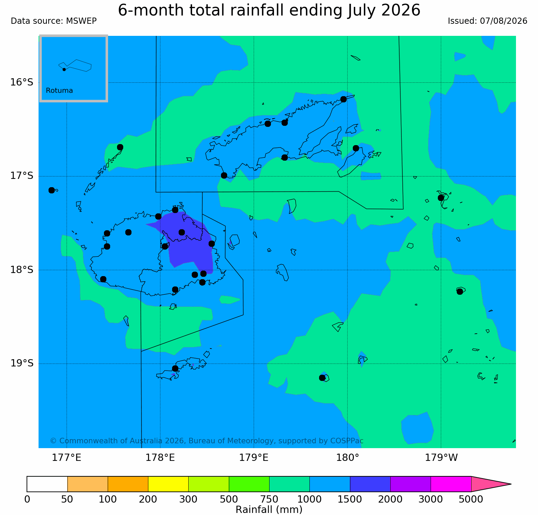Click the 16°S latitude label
tap(22, 82)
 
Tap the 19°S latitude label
tap(22, 363)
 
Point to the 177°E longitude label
tap(66, 458)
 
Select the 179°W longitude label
tap(441, 458)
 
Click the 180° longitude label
tap(347, 458)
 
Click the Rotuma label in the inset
tap(60, 91)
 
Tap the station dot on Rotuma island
tap(64, 69)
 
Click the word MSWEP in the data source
tap(82, 21)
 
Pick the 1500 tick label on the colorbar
tap(350, 499)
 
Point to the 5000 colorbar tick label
tap(471, 499)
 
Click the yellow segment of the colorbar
tap(168, 484)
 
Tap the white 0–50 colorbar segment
tap(47, 484)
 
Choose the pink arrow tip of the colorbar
tap(511, 484)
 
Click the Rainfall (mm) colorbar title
tap(269, 509)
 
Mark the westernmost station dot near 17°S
tap(52, 190)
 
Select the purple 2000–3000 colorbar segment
tap(411, 484)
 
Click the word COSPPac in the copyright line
tap(347, 441)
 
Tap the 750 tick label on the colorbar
tap(269, 499)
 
